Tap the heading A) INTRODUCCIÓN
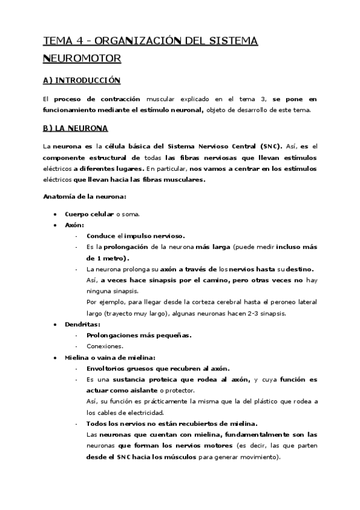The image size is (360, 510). [82, 80]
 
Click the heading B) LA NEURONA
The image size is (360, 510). [76, 128]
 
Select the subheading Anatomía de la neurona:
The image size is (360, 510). [84, 197]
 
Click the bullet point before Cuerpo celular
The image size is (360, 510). [55, 214]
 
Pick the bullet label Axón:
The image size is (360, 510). [75, 225]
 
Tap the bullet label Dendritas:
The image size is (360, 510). [82, 324]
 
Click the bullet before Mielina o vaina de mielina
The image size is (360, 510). [55, 357]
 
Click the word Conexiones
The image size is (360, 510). [105, 346]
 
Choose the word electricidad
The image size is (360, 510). [144, 413]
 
